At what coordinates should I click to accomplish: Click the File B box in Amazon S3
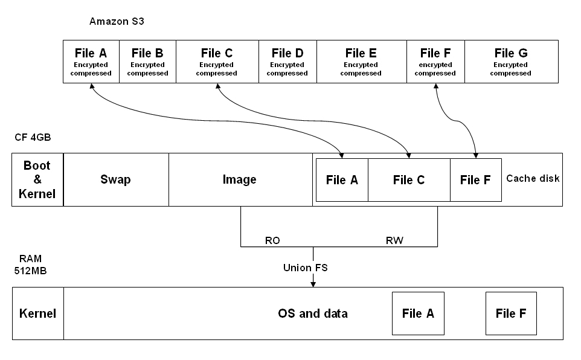tap(147, 62)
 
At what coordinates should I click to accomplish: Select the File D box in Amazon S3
tap(287, 62)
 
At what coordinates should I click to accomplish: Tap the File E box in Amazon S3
tap(361, 62)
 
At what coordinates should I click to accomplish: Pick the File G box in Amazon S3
tap(511, 62)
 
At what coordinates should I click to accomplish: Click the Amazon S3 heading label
tap(117, 22)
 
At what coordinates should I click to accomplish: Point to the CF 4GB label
tap(33, 137)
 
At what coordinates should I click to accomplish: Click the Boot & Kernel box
tap(37, 179)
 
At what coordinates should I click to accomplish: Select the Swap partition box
tap(116, 179)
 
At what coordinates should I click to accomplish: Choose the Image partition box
tap(240, 179)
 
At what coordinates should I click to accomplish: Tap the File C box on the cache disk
tap(409, 180)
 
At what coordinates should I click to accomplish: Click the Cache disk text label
tap(533, 178)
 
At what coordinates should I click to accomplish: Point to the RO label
tap(272, 240)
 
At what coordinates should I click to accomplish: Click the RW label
tap(394, 240)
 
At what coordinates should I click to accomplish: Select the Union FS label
tap(306, 267)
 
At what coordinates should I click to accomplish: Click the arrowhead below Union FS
tap(313, 283)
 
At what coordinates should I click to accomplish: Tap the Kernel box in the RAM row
tap(37, 313)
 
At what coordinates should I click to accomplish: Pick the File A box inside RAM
tap(418, 313)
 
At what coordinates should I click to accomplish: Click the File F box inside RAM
tap(511, 313)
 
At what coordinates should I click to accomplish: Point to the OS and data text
tap(313, 313)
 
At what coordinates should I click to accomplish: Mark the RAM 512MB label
tap(30, 264)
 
